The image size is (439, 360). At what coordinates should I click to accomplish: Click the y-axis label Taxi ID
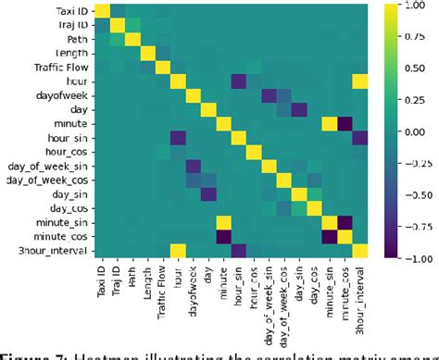coord(65,10)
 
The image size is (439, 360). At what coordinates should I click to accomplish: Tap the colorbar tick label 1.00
coord(416,6)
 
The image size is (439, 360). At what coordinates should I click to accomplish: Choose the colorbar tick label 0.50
coord(416,68)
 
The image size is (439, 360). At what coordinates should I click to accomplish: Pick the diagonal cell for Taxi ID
coord(103,11)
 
